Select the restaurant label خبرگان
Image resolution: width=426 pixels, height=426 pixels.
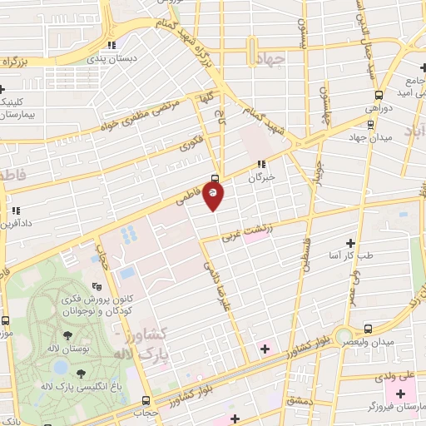tap(262, 177)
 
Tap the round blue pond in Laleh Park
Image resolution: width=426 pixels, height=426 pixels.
tap(59, 366)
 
